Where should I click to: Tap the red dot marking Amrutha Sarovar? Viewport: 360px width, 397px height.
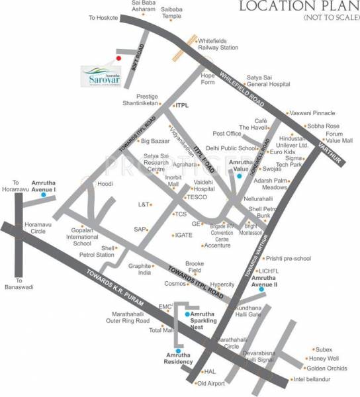[x=118, y=58]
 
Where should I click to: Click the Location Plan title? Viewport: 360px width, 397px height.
[x=295, y=8]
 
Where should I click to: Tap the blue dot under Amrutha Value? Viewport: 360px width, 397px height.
[x=238, y=177]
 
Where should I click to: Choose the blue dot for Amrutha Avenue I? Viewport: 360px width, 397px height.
[x=43, y=195]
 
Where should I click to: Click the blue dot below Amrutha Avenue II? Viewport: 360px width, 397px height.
[x=261, y=289]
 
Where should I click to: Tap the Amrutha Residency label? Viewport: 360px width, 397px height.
[x=179, y=359]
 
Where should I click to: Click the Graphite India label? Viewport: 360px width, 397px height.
[x=140, y=269]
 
